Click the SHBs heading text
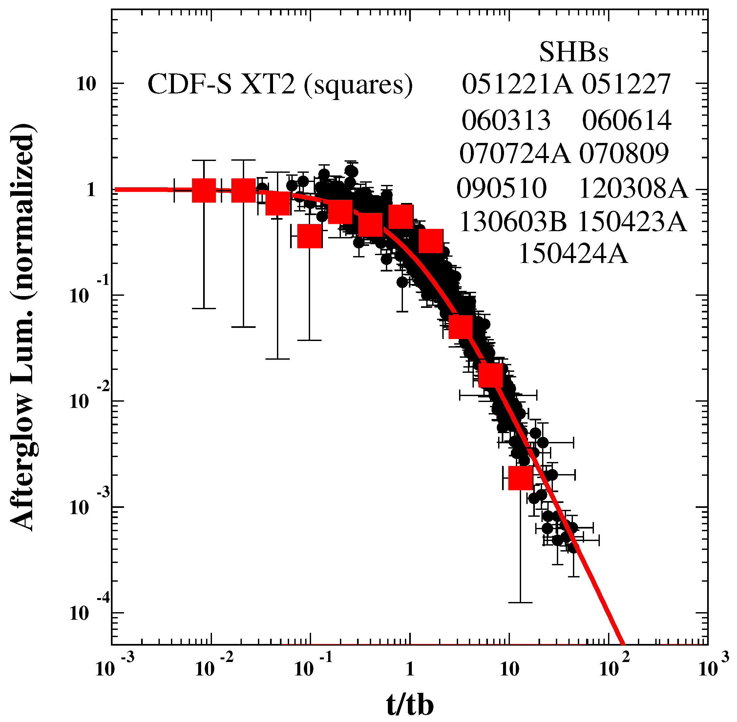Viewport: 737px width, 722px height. click(574, 52)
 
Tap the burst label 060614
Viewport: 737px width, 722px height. click(626, 121)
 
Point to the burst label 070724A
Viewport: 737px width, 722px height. click(515, 153)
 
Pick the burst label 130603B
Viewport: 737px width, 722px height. click(513, 221)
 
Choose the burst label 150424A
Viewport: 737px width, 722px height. click(573, 254)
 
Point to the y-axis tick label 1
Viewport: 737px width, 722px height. click(91, 190)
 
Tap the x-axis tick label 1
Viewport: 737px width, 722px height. click(410, 670)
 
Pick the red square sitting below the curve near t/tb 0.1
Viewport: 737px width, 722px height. click(310, 235)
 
